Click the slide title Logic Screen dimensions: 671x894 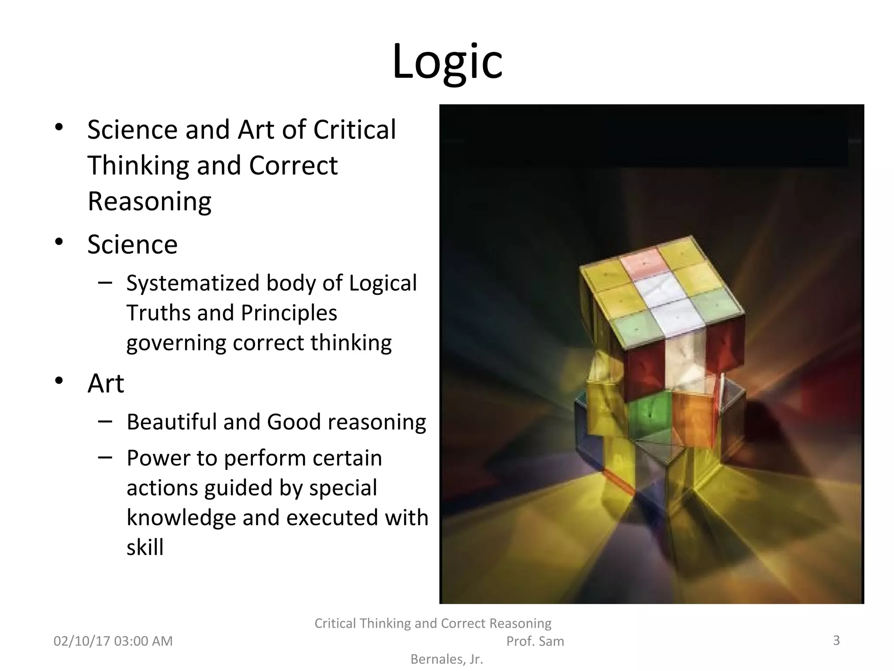click(447, 62)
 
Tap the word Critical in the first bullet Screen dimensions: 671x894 click(354, 130)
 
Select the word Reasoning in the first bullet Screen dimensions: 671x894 click(149, 201)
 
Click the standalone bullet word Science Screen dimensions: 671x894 click(132, 244)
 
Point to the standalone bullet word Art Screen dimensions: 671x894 click(106, 384)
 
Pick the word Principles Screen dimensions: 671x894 click(289, 313)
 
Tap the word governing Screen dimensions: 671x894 click(176, 343)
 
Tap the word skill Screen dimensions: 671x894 click(145, 547)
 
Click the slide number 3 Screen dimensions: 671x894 click(836, 640)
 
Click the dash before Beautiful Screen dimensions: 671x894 click(105, 421)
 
